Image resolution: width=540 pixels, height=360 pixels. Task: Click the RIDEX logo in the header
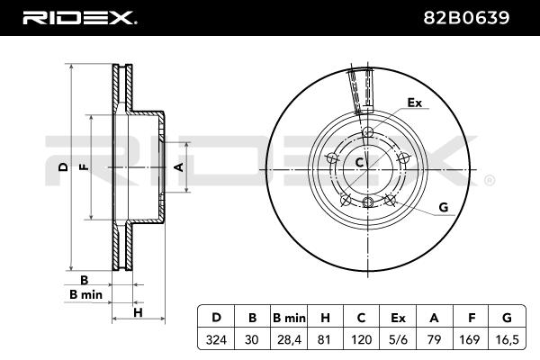coord(78,17)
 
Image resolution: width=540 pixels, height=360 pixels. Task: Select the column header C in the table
coord(362,317)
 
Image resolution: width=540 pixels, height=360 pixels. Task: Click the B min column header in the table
coord(290,317)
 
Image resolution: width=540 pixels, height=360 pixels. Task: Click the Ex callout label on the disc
coord(414,103)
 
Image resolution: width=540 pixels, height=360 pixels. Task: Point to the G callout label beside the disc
coord(443,208)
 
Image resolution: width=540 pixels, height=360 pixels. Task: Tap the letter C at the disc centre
coord(358,163)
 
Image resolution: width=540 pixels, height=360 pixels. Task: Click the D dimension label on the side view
coord(62,167)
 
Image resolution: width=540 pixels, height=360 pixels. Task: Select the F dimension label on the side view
coord(83,167)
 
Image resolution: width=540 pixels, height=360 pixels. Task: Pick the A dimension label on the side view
coord(178,167)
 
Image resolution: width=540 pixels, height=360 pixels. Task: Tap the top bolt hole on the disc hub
coord(366,134)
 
